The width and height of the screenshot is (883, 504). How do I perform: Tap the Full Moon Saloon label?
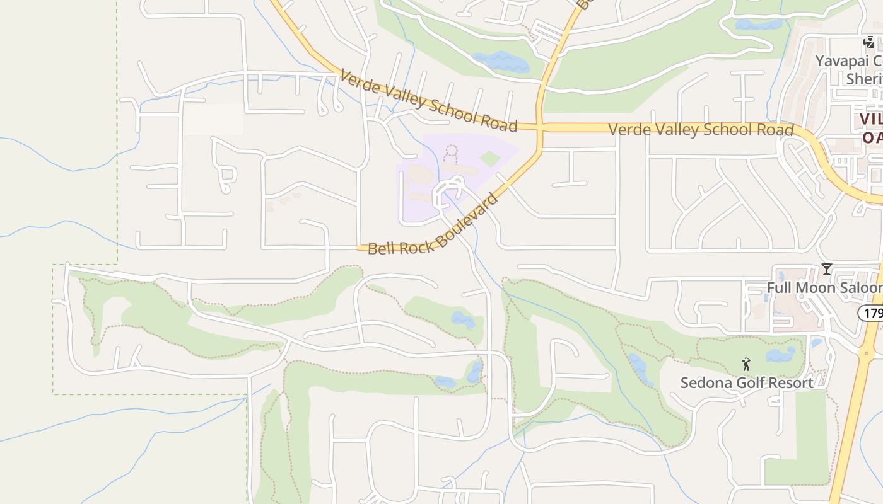click(x=824, y=288)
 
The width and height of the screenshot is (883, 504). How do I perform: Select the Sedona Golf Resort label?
click(x=746, y=382)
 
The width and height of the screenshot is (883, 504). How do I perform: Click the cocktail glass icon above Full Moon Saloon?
click(x=826, y=269)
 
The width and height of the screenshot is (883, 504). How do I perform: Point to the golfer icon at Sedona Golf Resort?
click(x=746, y=364)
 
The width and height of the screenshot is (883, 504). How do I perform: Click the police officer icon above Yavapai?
click(x=869, y=42)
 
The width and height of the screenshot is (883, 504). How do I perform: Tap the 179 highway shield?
click(x=871, y=312)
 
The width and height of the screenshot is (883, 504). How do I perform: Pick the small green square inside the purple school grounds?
click(x=490, y=158)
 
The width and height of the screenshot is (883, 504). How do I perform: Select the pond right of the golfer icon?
click(x=781, y=355)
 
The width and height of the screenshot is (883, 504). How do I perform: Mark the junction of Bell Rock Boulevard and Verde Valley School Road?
click(x=539, y=127)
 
